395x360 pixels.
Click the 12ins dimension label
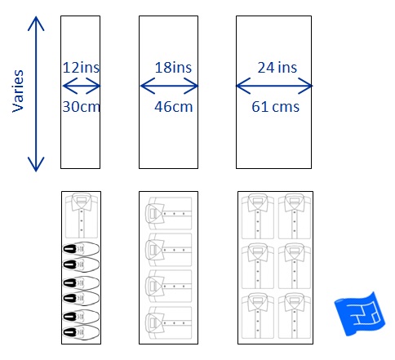point(81,68)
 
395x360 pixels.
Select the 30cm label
point(81,106)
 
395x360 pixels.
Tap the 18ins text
point(173,68)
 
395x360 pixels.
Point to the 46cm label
point(174,107)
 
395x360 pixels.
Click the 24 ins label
point(277,68)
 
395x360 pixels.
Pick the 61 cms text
point(275,107)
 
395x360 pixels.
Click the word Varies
point(18,91)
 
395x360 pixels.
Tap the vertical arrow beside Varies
point(36,94)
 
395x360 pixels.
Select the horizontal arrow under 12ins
point(82,86)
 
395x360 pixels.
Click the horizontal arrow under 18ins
point(169,86)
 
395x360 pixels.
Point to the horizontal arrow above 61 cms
point(274,86)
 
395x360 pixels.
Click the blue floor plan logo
point(359,313)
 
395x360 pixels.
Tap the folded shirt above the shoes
point(82,216)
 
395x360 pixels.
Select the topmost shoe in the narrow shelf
point(81,249)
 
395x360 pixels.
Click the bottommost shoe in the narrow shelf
point(81,332)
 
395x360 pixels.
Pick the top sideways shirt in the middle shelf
point(169,214)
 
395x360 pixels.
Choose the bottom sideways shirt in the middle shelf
point(169,322)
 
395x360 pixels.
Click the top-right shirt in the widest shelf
point(295,216)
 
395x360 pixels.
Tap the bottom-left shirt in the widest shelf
point(258,316)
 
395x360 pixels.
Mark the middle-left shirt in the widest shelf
point(258,266)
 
